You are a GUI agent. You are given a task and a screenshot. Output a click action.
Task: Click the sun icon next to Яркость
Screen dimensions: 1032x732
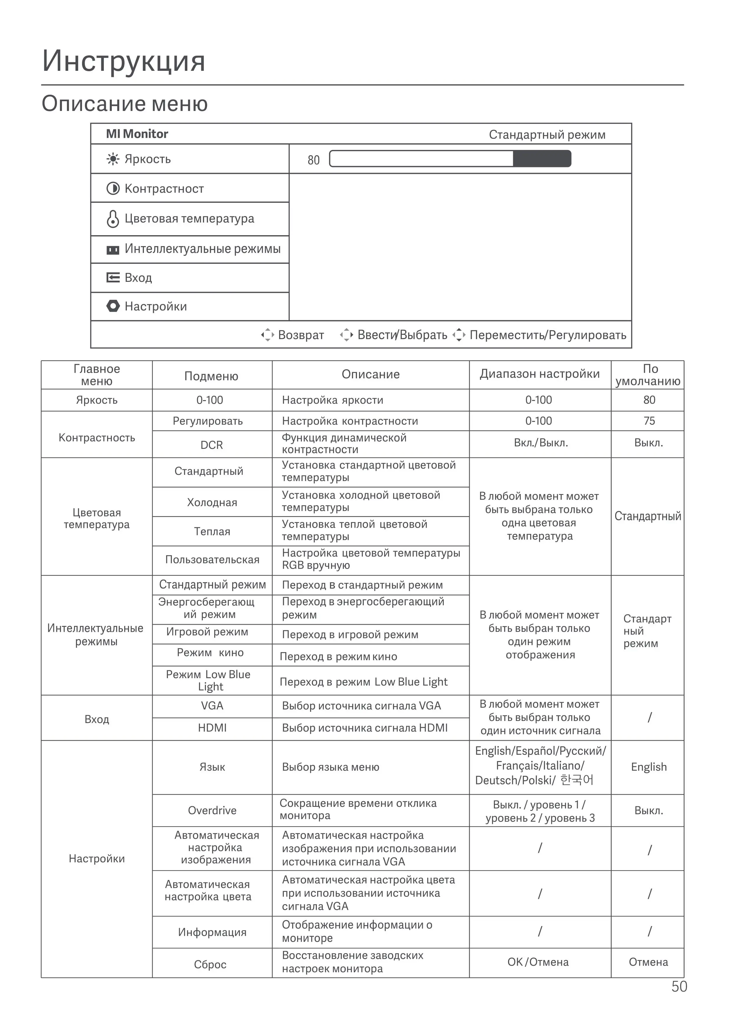pos(113,159)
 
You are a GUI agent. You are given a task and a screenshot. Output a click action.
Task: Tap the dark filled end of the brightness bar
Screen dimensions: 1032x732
pos(541,159)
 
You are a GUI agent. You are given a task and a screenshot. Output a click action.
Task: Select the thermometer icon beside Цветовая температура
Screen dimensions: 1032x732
pos(113,219)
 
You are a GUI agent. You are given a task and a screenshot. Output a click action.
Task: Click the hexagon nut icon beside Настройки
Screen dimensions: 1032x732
pos(113,306)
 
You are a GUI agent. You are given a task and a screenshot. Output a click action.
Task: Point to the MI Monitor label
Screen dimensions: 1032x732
pos(137,134)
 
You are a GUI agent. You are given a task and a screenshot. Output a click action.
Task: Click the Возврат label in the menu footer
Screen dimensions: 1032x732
pos(301,335)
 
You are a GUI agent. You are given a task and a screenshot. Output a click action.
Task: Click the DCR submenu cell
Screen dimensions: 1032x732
pos(212,445)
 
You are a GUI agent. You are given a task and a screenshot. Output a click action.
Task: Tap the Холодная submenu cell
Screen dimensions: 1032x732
pos(212,502)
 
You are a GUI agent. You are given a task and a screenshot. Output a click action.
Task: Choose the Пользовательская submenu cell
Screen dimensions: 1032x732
pos(212,560)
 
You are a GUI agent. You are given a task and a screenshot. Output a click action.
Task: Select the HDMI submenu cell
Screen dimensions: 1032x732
pos(212,728)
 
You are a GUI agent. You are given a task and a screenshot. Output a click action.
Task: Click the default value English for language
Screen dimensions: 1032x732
pos(649,767)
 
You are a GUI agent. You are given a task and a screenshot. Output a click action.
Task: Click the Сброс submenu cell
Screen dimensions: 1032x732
pos(210,964)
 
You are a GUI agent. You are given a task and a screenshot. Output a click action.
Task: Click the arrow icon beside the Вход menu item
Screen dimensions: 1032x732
pos(113,277)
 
